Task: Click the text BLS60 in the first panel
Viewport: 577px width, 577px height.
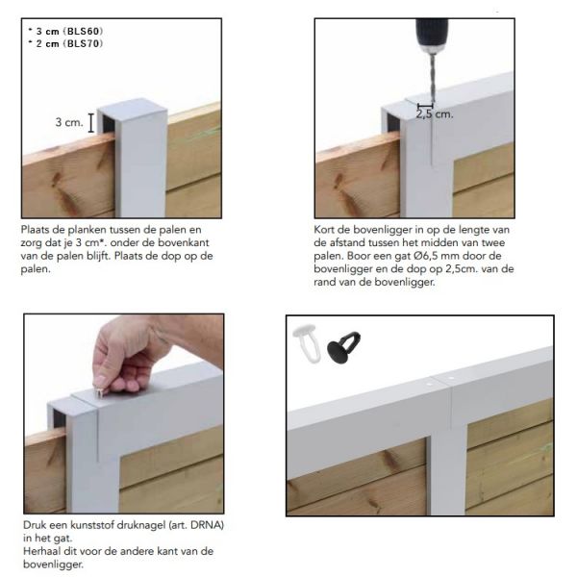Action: (x=83, y=32)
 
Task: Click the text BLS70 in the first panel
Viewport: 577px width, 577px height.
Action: (x=83, y=44)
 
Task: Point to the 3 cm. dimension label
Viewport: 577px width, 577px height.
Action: (x=69, y=122)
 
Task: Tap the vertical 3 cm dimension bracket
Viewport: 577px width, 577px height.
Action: (x=91, y=122)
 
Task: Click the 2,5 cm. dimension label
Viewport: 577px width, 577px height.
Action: (x=435, y=114)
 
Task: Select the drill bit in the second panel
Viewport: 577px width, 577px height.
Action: (x=432, y=77)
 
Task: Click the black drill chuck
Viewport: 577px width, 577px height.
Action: (x=432, y=34)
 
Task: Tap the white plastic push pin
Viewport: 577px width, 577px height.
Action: (x=307, y=343)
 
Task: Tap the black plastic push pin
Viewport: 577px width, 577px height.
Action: (x=343, y=347)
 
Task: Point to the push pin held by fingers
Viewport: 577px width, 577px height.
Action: (x=98, y=392)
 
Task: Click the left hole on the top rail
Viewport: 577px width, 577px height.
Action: (x=429, y=384)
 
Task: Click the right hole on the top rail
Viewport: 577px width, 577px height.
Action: (x=450, y=378)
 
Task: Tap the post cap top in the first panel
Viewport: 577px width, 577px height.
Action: (x=133, y=105)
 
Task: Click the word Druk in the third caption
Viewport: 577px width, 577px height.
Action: (x=34, y=525)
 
